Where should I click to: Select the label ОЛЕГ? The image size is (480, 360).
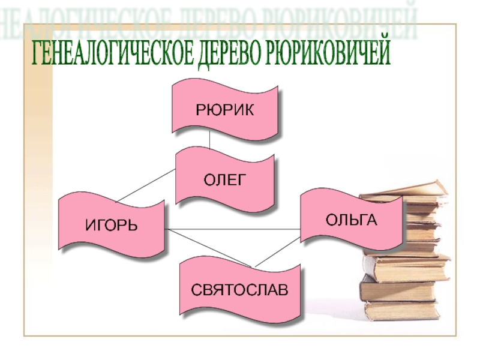click(x=226, y=179)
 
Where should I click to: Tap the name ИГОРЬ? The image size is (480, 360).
click(x=111, y=226)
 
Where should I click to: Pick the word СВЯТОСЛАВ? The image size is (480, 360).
click(x=240, y=289)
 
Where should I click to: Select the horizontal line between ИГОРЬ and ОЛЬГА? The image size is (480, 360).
click(x=234, y=230)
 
